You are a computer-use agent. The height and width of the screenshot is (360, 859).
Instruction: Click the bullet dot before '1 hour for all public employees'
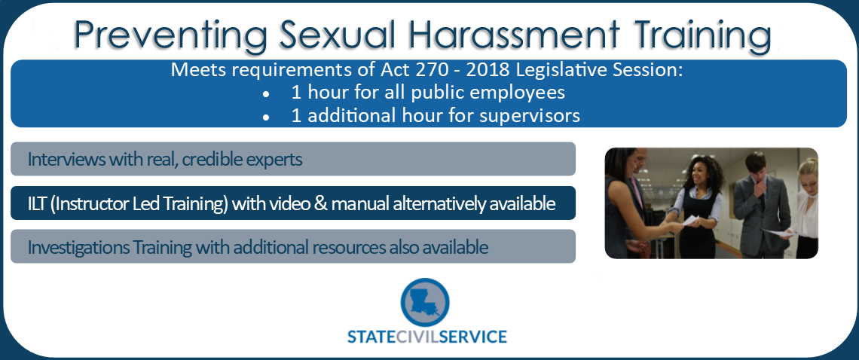[265, 95]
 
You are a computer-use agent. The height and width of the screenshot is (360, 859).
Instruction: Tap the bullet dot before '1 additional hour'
[265, 117]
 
